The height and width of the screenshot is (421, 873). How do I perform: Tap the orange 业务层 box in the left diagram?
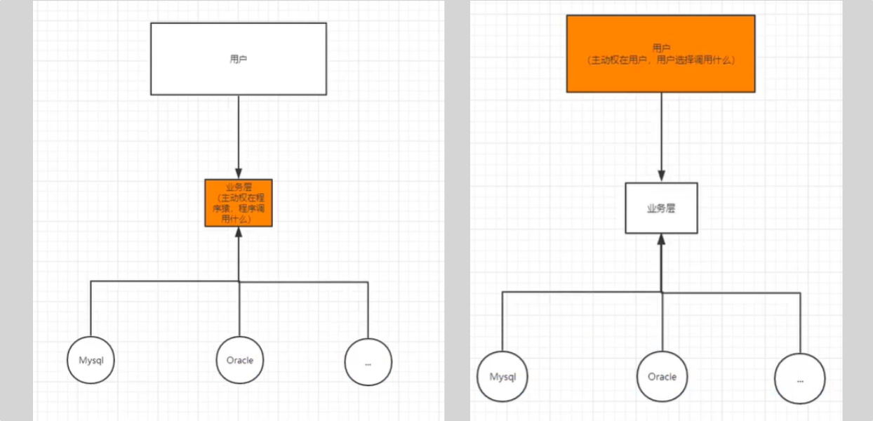pos(239,203)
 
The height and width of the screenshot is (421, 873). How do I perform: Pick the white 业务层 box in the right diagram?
pos(661,208)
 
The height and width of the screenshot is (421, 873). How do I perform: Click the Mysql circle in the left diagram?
pos(91,360)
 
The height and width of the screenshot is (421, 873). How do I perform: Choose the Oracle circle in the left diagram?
pos(239,360)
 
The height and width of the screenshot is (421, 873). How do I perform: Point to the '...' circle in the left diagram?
pos(368,363)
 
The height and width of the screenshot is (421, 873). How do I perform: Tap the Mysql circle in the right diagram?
pos(502,377)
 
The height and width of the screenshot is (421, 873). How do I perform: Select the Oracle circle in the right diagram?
pos(662,377)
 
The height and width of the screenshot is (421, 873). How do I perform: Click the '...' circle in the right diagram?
pos(800,379)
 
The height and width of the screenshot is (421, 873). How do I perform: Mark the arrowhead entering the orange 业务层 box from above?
pos(239,173)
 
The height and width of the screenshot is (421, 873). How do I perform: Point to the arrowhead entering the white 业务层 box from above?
pos(661,176)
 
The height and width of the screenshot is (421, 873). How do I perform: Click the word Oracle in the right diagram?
pos(662,377)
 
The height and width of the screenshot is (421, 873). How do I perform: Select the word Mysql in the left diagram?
pos(91,360)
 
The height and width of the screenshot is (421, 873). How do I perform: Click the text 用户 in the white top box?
pos(239,59)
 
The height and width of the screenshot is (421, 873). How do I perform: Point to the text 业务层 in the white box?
pos(661,208)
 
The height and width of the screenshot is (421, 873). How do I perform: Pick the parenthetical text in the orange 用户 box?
pos(660,60)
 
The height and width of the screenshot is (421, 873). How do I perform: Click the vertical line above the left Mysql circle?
pos(91,309)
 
